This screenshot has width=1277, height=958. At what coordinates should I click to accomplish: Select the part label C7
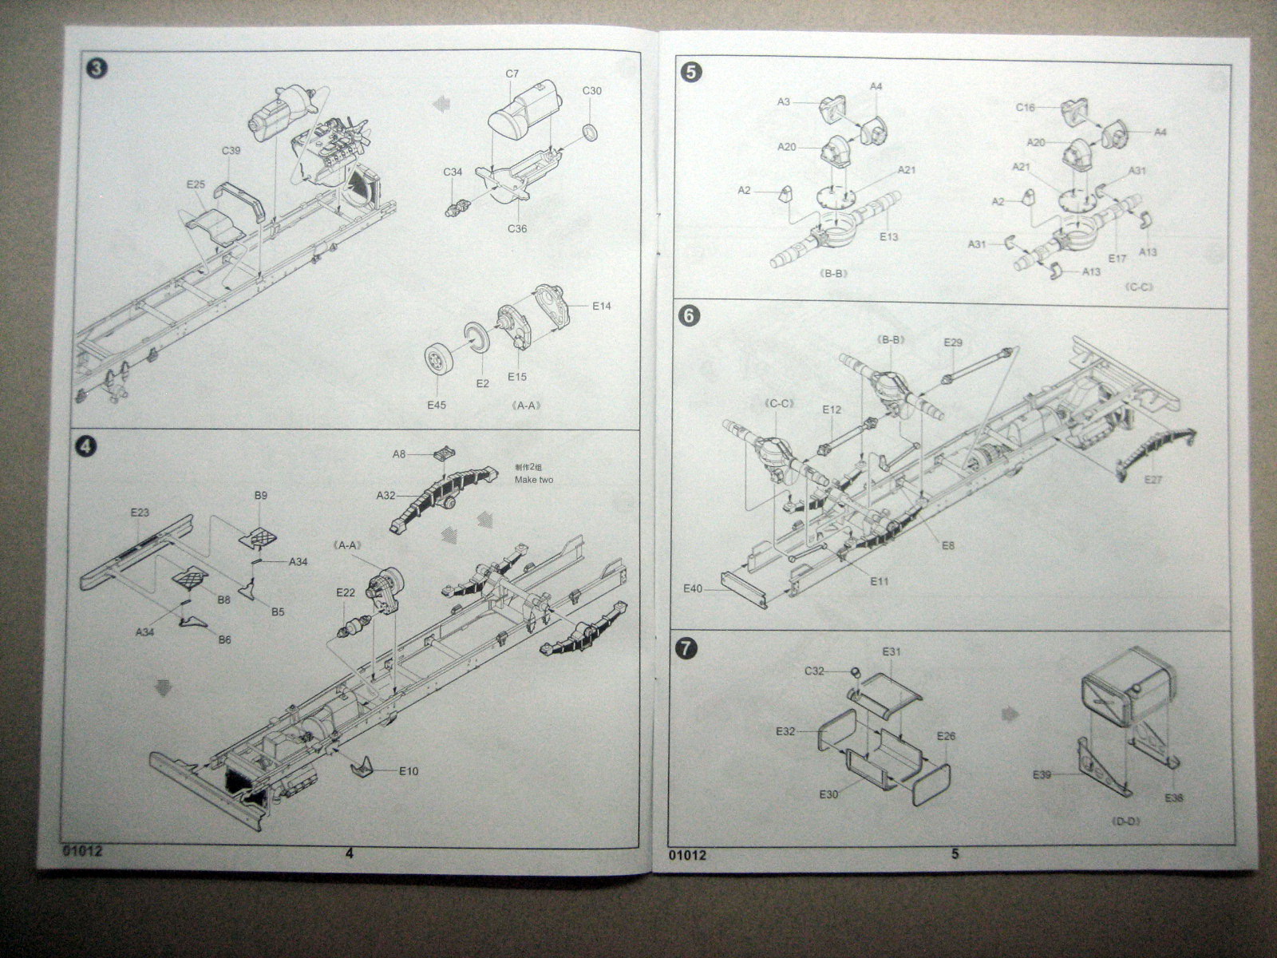[512, 73]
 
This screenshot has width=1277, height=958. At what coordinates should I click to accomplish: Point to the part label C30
[591, 90]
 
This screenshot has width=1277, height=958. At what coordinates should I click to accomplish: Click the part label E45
[436, 405]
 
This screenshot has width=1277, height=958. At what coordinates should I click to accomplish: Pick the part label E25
[196, 184]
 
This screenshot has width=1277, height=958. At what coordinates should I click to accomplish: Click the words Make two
[534, 480]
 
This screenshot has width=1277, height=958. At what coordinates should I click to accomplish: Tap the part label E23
[140, 512]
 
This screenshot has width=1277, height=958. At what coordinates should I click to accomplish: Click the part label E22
[346, 592]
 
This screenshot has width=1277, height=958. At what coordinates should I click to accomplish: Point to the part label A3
[783, 102]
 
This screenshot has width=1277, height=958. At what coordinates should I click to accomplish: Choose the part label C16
[1026, 107]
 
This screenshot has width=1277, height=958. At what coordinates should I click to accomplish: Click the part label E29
[953, 342]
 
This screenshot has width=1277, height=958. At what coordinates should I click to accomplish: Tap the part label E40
[693, 588]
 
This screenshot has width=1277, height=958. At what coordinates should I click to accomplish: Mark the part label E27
[1154, 479]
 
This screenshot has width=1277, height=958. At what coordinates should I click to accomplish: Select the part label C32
[814, 671]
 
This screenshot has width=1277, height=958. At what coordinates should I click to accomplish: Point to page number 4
[349, 853]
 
